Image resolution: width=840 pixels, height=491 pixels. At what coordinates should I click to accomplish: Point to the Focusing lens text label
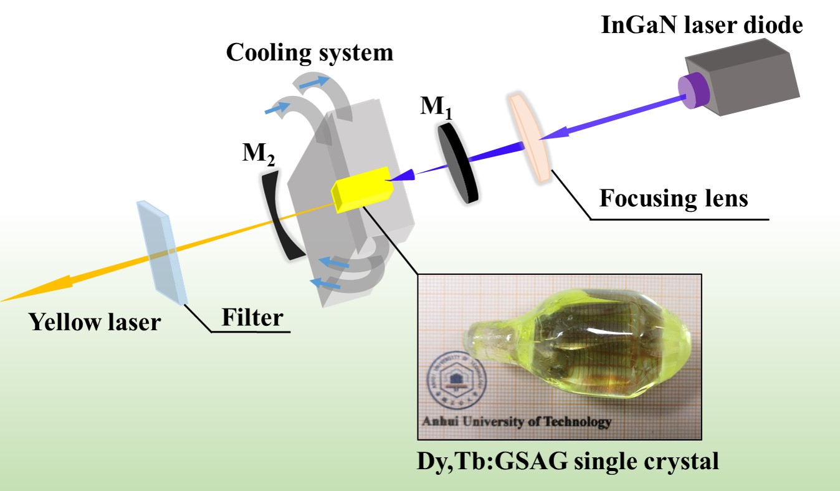tap(674, 198)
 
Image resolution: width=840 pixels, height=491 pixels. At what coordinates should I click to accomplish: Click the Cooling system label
tap(309, 52)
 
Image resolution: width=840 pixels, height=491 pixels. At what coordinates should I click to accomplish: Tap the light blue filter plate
tap(161, 252)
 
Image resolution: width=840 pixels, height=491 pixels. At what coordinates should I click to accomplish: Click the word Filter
tap(252, 318)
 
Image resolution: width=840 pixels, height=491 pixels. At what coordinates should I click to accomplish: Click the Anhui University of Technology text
tap(517, 422)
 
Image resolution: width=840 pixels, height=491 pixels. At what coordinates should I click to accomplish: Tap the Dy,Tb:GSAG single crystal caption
tap(567, 462)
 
